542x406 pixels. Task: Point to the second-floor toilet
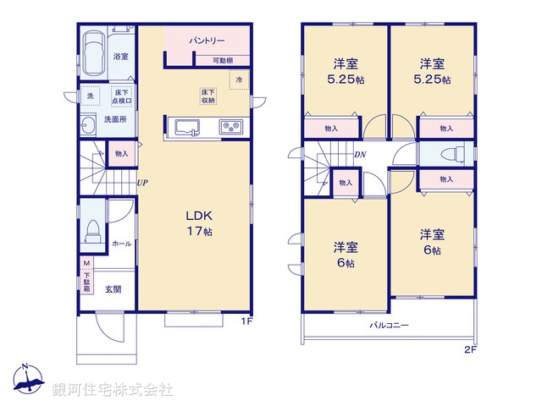tap(453, 156)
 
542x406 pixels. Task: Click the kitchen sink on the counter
tap(186, 128)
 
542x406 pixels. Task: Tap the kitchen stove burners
tap(230, 128)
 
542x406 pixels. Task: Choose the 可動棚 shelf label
tap(224, 61)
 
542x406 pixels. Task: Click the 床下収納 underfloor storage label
tap(208, 96)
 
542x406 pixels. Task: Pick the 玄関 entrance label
tap(113, 289)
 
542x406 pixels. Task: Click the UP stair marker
tap(144, 182)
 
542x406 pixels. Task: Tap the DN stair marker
tap(359, 155)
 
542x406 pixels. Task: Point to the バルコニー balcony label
tap(389, 325)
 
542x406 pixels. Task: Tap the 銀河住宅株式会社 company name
tap(113, 390)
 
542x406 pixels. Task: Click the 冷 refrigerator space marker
tap(240, 80)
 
